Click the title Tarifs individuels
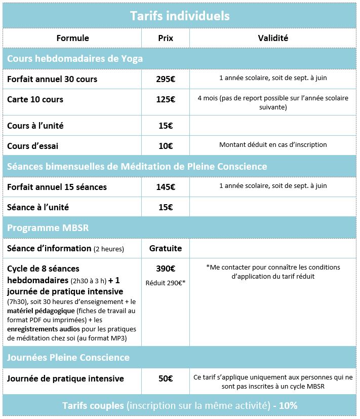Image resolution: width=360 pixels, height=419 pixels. [x=180, y=16]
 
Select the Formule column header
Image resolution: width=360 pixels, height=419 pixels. [x=72, y=38]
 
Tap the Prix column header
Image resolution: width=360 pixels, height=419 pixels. [x=165, y=38]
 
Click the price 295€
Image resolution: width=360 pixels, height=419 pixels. [x=165, y=79]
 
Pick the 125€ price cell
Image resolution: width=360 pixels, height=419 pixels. [x=165, y=99]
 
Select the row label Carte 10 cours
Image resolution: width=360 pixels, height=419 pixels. [x=35, y=99]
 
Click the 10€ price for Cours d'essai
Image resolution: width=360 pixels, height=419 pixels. [x=165, y=146]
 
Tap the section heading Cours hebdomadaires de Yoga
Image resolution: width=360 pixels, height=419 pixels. [x=75, y=59]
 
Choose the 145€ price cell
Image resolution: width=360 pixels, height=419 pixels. [x=165, y=187]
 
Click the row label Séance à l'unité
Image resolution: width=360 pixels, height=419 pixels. [x=38, y=207]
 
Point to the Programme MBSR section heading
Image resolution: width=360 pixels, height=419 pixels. [x=48, y=228]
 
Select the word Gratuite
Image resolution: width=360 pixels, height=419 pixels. [x=165, y=248]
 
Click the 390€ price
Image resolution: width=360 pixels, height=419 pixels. [x=165, y=269]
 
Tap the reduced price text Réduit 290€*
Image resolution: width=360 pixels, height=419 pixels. [x=165, y=283]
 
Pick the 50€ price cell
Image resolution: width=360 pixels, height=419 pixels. [x=165, y=378]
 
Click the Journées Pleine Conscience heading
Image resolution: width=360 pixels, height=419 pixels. [x=68, y=357]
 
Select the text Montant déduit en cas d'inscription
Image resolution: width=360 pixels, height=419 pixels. [x=273, y=145]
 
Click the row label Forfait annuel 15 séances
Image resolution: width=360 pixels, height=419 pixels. [x=57, y=187]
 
